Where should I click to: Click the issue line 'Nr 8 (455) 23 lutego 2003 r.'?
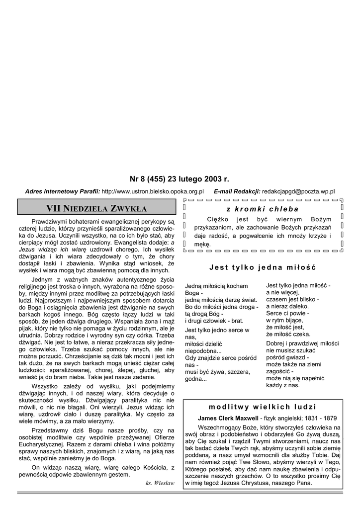coord(179,178)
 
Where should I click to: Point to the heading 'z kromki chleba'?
coord(262,209)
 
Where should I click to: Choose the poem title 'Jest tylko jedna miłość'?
coord(263,267)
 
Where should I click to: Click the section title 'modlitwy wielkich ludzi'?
coord(263,407)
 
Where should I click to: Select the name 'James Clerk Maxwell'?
coord(228,418)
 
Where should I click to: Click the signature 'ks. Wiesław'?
coord(160,483)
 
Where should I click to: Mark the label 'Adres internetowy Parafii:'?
coord(63,191)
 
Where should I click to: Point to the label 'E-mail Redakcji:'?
coord(237,191)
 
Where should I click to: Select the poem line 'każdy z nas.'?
coord(283,385)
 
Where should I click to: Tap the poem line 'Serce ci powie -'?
coord(288,314)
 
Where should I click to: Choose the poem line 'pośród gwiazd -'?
coord(287,357)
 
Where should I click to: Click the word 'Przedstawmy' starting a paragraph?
coord(51,430)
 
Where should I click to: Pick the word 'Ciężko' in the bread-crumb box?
coord(217,218)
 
